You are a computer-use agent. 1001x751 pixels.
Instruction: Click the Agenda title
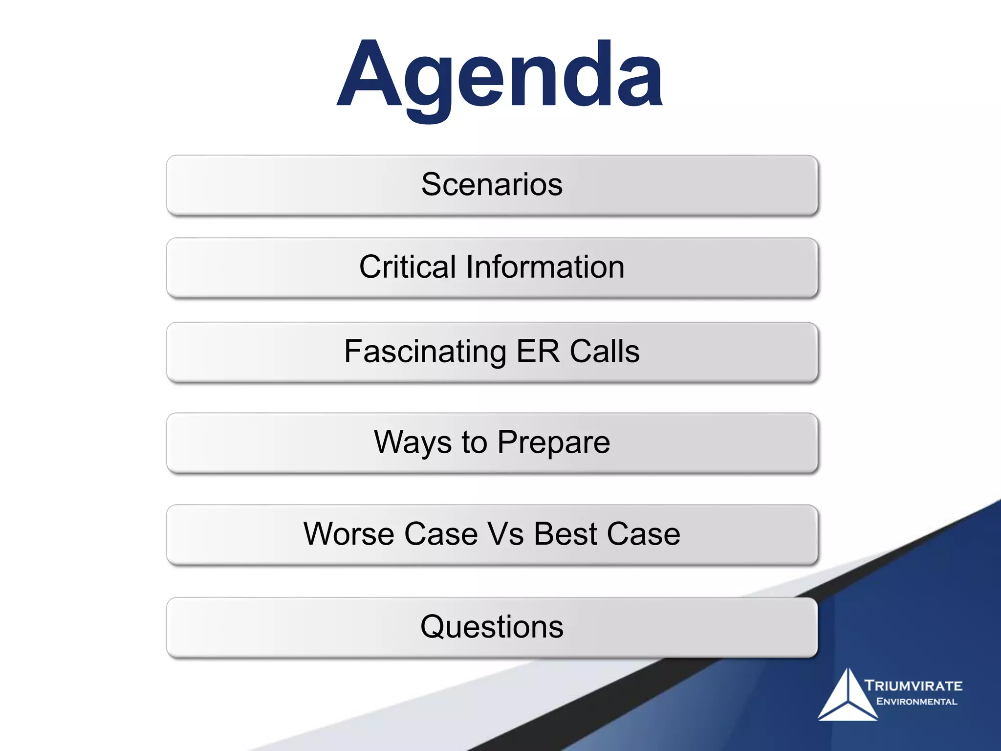point(500,76)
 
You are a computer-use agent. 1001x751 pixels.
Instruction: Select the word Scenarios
point(492,184)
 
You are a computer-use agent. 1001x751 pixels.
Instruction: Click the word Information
point(545,267)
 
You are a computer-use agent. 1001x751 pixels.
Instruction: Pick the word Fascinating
point(425,352)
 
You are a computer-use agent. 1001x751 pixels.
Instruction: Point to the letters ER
point(538,352)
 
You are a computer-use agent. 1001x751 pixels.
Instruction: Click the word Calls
point(605,352)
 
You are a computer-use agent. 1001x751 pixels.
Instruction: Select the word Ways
point(413,442)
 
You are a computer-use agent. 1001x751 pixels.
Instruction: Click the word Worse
point(348,533)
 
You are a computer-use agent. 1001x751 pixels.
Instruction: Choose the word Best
point(566,533)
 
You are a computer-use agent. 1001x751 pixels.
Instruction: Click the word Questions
point(492,627)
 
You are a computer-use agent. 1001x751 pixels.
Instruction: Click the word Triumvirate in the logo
point(913,685)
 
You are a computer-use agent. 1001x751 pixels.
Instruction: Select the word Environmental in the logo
point(916,702)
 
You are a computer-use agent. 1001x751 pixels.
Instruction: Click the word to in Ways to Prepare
point(474,442)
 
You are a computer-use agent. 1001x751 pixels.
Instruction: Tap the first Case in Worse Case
point(441,533)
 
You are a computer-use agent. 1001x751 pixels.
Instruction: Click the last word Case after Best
point(643,533)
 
